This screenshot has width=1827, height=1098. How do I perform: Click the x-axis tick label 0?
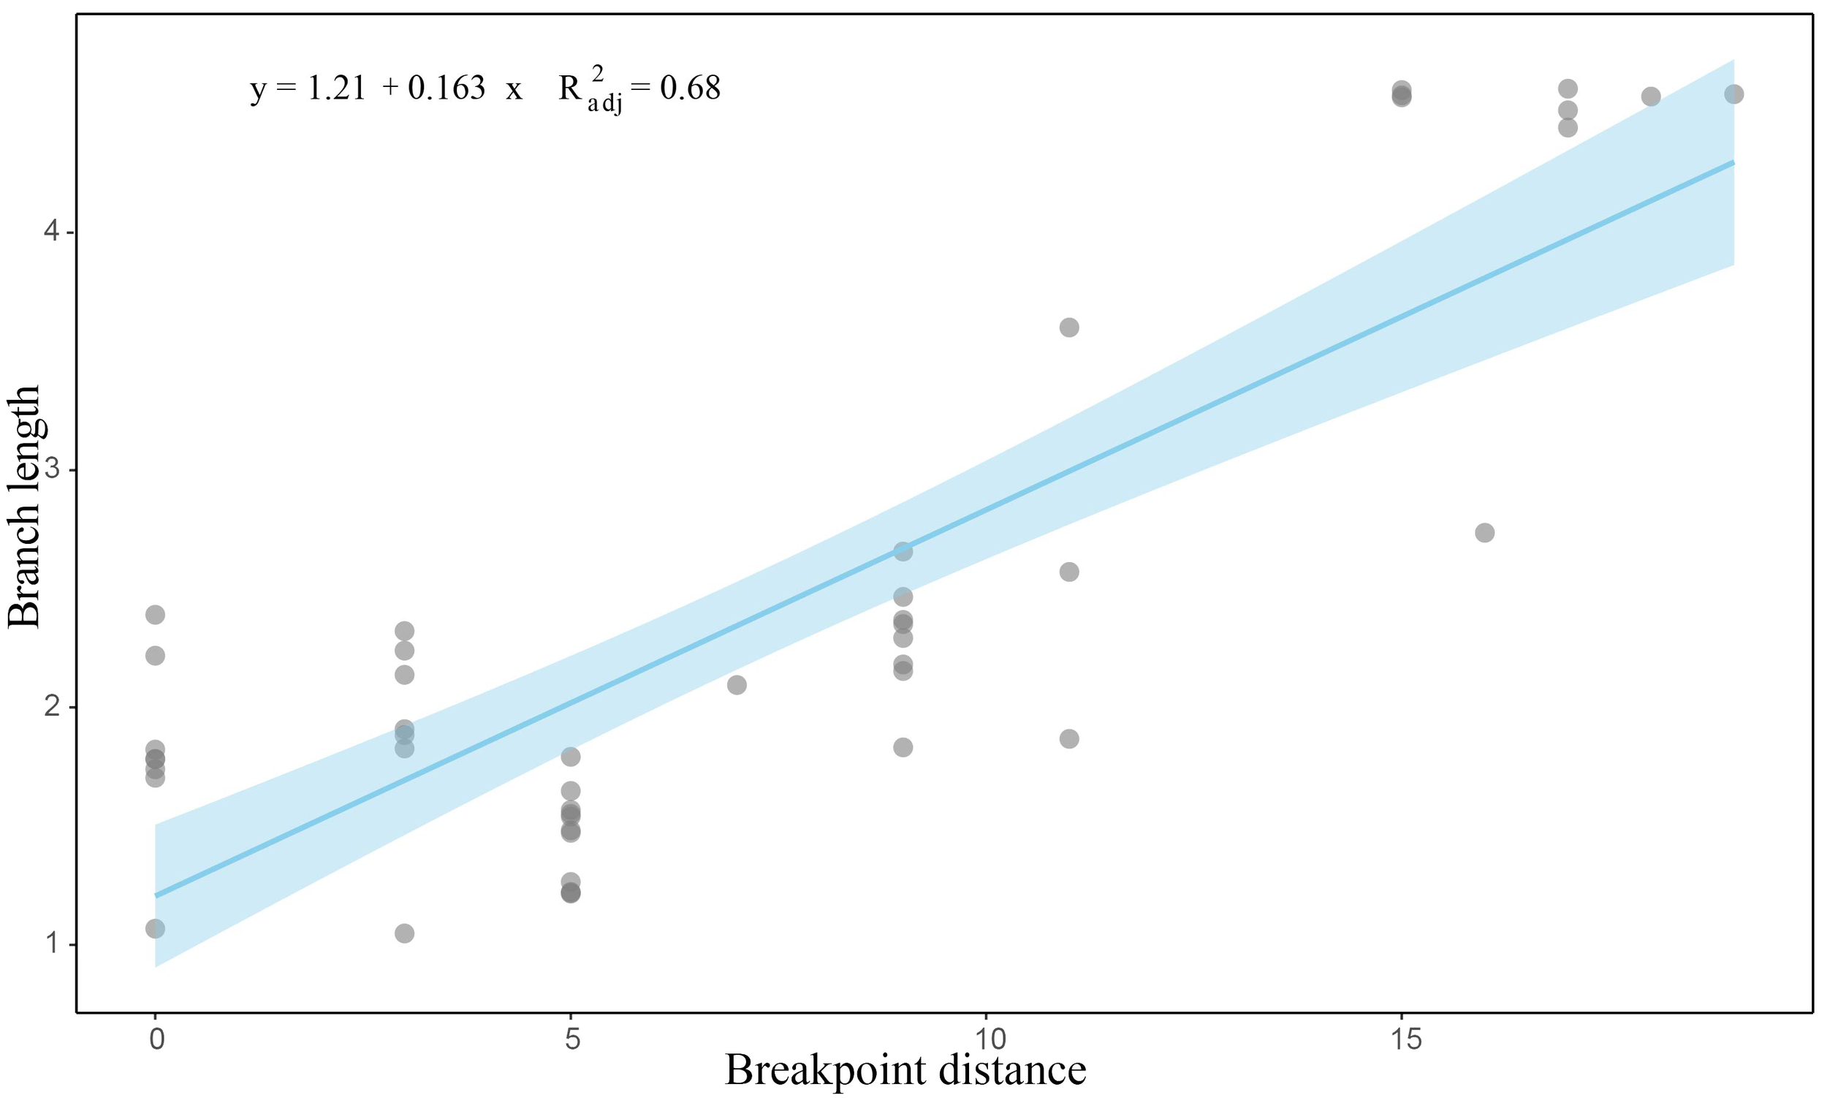click(156, 1040)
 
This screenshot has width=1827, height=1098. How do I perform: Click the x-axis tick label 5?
click(571, 1040)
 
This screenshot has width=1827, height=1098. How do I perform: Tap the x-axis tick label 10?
click(986, 1040)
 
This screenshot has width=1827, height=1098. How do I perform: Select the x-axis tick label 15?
click(1402, 1040)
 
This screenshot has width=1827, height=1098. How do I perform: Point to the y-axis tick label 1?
click(52, 944)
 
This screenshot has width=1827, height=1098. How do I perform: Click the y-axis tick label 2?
click(52, 707)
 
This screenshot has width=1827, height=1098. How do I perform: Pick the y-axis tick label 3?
click(52, 470)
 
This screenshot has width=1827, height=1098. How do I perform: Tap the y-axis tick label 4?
click(52, 232)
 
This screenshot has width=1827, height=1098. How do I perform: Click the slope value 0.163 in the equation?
click(446, 88)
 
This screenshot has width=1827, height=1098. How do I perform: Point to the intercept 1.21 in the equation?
click(336, 88)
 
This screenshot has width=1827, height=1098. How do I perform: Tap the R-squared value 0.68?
click(689, 88)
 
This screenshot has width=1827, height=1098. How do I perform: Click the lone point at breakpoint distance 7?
click(737, 685)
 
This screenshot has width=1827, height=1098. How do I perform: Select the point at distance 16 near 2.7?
click(1484, 533)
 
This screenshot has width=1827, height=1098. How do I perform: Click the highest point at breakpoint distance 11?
click(1070, 327)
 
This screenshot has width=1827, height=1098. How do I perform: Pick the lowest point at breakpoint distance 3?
click(405, 934)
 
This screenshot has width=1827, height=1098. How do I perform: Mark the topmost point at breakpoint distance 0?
click(156, 615)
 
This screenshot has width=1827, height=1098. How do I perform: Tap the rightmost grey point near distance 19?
click(1733, 94)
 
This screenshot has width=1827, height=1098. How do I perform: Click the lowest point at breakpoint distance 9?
click(903, 747)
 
